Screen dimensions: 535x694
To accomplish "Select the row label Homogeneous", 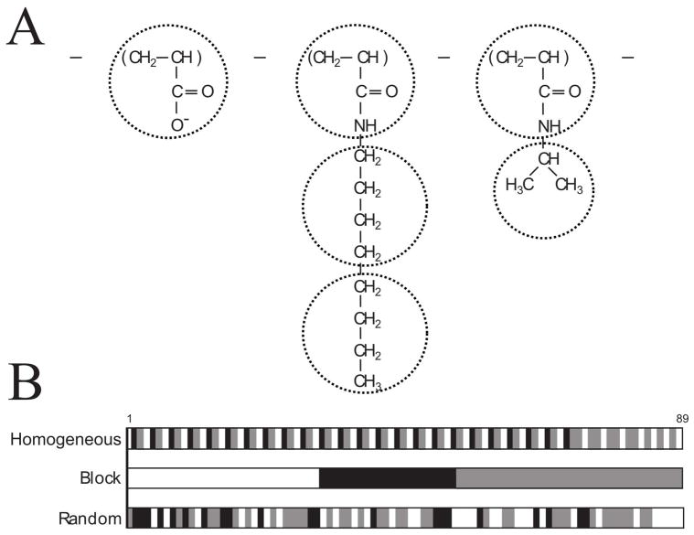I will [66, 440].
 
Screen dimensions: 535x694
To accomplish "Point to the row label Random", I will [90, 519].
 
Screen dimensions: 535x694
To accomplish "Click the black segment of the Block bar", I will [387, 478].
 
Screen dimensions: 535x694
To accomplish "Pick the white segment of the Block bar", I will [223, 478].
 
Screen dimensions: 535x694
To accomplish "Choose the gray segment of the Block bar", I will [569, 478].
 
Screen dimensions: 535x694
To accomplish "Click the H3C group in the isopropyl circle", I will [518, 187].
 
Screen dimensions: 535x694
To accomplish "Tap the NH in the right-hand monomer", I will [550, 127].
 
